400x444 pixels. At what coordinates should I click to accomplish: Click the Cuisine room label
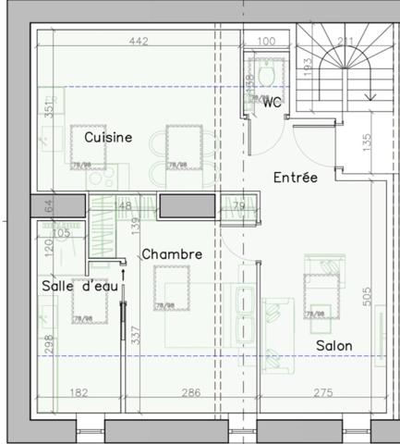(108, 137)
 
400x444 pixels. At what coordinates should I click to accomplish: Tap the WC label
(272, 103)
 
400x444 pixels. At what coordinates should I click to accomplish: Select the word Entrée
(296, 176)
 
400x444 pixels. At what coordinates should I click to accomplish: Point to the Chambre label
(171, 253)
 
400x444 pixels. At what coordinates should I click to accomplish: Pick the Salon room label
(334, 346)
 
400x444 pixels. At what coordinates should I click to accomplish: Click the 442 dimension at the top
(139, 41)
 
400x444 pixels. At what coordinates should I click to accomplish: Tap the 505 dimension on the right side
(367, 296)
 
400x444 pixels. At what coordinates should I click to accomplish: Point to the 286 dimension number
(189, 393)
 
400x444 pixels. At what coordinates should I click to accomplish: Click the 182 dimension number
(79, 393)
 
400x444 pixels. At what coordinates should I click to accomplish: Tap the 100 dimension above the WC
(267, 41)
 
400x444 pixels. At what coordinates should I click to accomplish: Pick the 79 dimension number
(238, 206)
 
